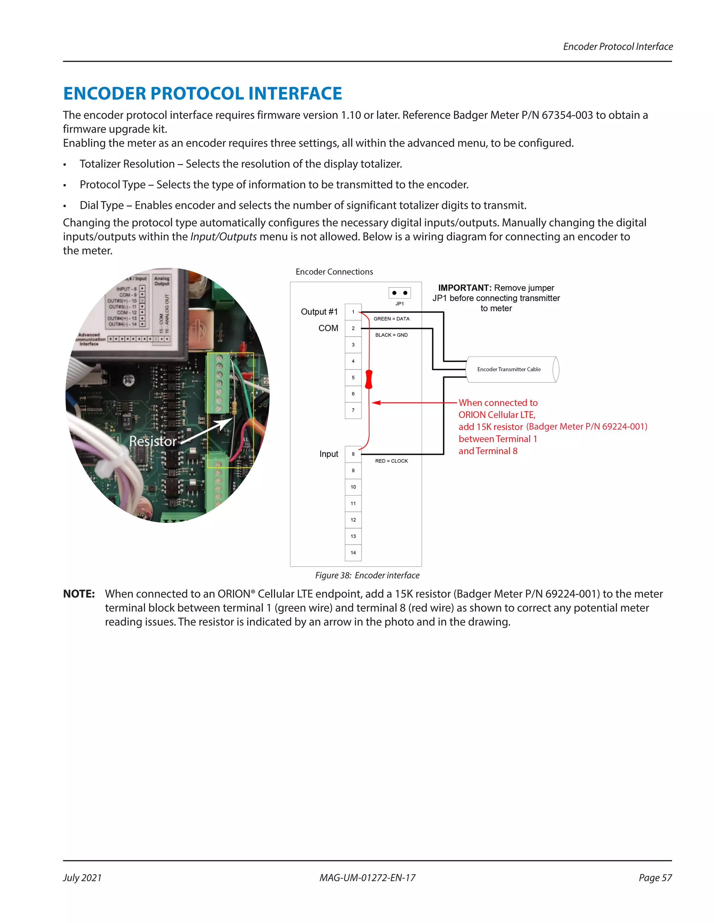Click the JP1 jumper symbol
pos(399,293)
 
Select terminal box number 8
pos(353,454)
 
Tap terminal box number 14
pos(353,552)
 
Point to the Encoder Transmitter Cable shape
pos(512,369)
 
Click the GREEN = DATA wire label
pos(391,319)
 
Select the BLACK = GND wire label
pos(391,335)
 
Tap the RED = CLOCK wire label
pos(391,461)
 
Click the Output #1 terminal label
pos(319,312)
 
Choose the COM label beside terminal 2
pos(328,328)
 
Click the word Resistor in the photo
pos(153,441)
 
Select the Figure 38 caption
pos(367,575)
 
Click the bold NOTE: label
pos(79,594)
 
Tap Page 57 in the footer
pos(655,878)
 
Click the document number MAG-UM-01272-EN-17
pos(367,878)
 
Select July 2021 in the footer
pos(83,878)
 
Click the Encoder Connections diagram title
pos(334,272)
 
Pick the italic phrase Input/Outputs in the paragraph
pos(223,236)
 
